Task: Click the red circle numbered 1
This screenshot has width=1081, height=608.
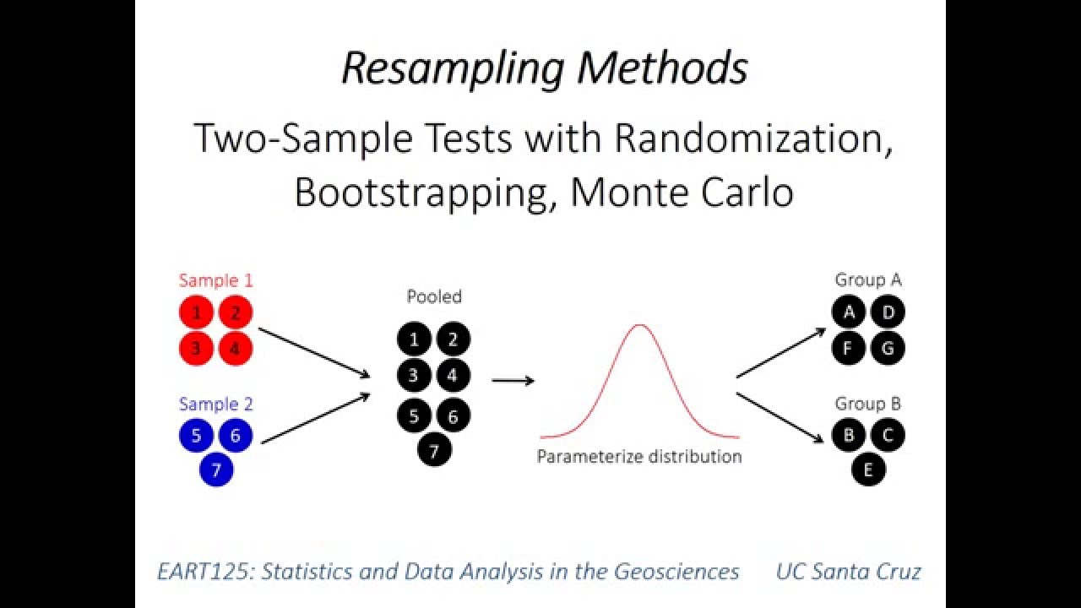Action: click(196, 313)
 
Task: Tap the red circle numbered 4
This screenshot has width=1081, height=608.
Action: click(236, 348)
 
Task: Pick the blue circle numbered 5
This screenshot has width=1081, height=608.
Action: click(196, 436)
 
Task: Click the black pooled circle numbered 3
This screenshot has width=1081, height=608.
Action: click(414, 375)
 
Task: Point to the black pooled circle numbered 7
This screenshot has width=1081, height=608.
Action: click(434, 451)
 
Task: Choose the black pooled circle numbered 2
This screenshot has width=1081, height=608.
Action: click(454, 339)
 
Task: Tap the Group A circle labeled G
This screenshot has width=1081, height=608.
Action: click(888, 347)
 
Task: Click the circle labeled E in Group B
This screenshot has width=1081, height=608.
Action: click(868, 469)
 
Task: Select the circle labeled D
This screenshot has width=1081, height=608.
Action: click(888, 312)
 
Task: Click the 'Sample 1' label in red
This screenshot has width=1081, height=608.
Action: click(215, 280)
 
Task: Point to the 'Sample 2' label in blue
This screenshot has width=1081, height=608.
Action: click(215, 404)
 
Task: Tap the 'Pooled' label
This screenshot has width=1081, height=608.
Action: click(434, 296)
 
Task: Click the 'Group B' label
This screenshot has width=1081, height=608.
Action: click(867, 404)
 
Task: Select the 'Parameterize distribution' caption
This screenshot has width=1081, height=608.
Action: click(639, 457)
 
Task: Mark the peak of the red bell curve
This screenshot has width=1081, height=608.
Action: click(640, 325)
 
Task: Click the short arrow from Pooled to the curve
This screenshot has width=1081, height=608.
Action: click(513, 381)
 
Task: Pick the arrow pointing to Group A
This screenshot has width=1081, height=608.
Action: click(780, 353)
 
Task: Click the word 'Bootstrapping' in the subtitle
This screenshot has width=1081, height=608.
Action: click(420, 192)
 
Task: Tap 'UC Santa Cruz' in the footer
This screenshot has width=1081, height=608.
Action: click(848, 572)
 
